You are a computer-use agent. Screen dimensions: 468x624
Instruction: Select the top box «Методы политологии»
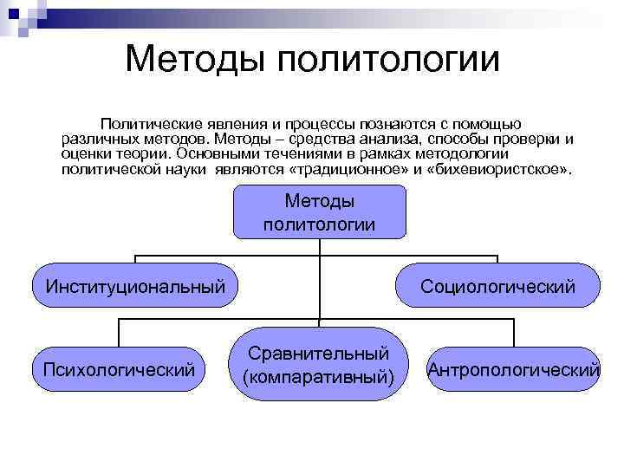[319, 213]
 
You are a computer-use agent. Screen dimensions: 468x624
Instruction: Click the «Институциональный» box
[135, 285]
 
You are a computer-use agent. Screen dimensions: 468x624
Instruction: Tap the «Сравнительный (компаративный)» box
[318, 365]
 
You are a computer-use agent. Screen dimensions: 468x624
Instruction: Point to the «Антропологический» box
[514, 370]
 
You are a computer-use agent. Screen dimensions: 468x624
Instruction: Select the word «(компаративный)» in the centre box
[318, 378]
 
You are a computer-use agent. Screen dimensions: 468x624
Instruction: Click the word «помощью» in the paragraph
[484, 124]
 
